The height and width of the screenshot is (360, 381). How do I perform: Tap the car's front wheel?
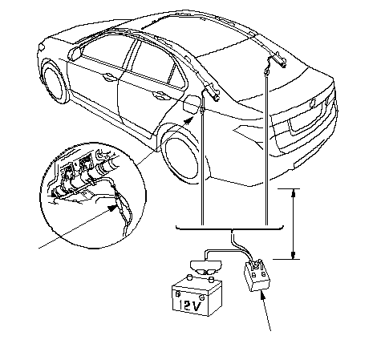(x=55, y=83)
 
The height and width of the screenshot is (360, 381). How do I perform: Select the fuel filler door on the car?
(x=191, y=103)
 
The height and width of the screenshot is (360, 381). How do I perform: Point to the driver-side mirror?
(x=75, y=53)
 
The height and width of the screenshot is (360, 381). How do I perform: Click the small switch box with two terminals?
(x=257, y=276)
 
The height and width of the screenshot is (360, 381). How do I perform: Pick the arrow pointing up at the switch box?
(x=265, y=311)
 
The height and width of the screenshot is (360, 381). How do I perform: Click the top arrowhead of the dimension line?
(x=294, y=193)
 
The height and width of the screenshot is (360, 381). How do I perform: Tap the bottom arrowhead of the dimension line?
(x=294, y=254)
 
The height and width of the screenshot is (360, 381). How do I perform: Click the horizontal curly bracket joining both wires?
(x=229, y=229)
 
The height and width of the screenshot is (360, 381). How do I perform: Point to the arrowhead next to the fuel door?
(x=189, y=120)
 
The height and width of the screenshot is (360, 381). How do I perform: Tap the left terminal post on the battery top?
(x=189, y=277)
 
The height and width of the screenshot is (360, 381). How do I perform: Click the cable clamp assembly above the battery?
(x=206, y=267)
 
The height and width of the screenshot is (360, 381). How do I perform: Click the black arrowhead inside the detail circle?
(x=112, y=208)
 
